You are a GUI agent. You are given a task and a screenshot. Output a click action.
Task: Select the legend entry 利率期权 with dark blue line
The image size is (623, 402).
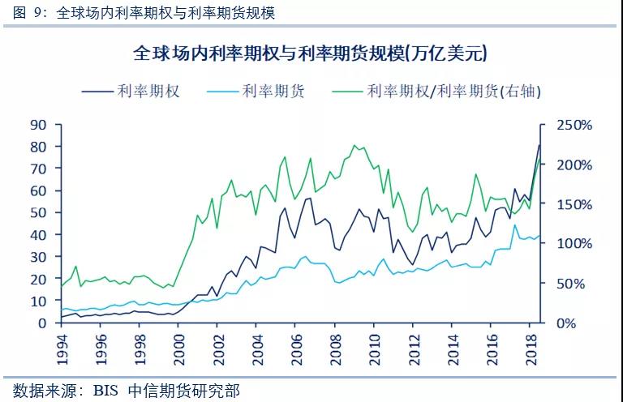148,91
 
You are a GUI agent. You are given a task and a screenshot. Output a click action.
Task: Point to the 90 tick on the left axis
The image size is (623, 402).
39,125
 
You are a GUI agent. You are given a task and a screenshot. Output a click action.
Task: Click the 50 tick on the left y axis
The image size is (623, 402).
39,213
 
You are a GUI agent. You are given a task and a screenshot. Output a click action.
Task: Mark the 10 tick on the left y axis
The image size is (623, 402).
39,301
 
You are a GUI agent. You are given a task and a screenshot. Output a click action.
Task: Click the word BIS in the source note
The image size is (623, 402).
105,390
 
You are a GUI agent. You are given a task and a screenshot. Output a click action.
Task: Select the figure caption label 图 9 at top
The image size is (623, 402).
24,12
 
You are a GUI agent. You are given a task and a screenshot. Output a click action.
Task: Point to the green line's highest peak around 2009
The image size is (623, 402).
354,146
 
